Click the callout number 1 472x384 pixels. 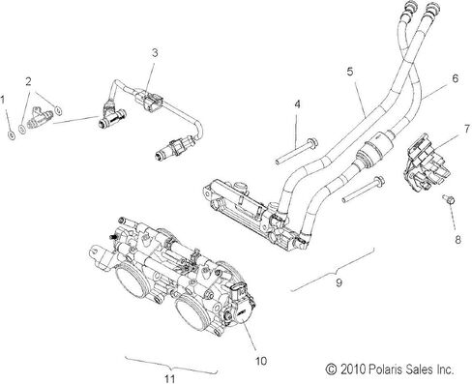tap(3, 100)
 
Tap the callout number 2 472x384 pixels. tap(29, 81)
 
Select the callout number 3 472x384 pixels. tap(155, 53)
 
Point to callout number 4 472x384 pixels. tap(297, 104)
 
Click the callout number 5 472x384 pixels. tap(350, 72)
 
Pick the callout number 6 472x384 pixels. tap(456, 78)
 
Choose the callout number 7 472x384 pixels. tap(466, 130)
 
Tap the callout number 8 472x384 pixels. tap(457, 240)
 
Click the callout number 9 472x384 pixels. tap(339, 282)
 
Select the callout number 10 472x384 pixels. tap(261, 361)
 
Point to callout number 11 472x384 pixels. tap(169, 378)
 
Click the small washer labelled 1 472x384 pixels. tap(11, 135)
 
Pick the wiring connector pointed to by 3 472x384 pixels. tap(150, 100)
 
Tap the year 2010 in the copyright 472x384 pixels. tap(352, 369)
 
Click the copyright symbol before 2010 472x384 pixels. tap(331, 369)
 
